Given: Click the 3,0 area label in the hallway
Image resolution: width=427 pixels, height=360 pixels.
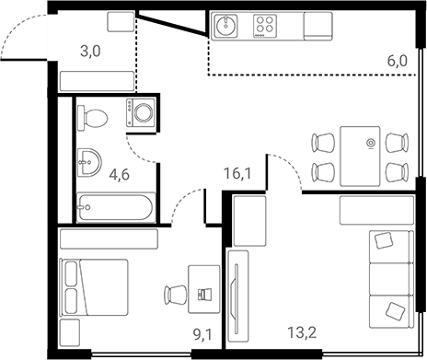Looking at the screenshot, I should (x=90, y=52).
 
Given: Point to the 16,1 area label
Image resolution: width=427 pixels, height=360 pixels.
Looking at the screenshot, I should (x=238, y=171).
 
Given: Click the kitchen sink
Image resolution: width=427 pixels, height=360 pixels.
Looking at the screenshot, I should (x=226, y=27).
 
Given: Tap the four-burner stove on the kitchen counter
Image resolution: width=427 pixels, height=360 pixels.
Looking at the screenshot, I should (x=268, y=27).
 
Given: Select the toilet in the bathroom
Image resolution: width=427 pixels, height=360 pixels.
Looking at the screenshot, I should (x=93, y=116).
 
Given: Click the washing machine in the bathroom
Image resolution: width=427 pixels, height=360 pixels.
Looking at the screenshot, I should (x=142, y=113).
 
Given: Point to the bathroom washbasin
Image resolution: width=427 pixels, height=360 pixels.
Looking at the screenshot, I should (x=87, y=162).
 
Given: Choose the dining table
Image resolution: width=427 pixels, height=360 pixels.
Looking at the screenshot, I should (x=358, y=155).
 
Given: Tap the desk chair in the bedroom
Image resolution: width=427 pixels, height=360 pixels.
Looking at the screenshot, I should (x=174, y=295).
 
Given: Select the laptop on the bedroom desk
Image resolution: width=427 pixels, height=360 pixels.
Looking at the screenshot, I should (x=203, y=295).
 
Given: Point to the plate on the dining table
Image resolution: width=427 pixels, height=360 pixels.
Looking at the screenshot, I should (x=370, y=143).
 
